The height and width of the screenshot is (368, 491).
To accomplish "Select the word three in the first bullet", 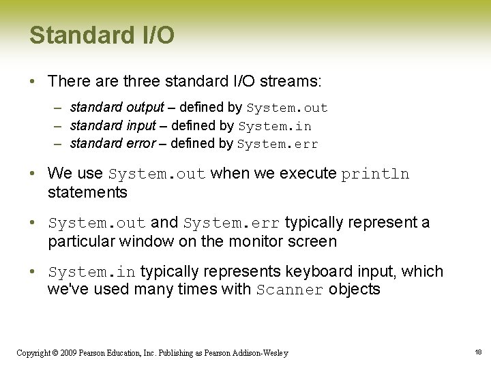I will [145, 81].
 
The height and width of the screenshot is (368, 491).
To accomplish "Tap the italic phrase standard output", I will [117, 108].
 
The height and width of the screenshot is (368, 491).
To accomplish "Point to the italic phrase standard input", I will [113, 126].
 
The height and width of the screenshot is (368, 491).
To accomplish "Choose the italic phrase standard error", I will [113, 144].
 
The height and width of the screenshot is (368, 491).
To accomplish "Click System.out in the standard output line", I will [287, 108].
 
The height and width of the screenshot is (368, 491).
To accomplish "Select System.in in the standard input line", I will [274, 127].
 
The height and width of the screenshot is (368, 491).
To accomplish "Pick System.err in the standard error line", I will [278, 144].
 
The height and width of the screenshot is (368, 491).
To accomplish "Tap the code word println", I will [375, 174].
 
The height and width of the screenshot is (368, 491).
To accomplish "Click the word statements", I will [87, 193].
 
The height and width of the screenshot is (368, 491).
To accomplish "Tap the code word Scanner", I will [290, 290].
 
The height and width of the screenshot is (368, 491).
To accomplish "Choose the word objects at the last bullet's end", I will [354, 290].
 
